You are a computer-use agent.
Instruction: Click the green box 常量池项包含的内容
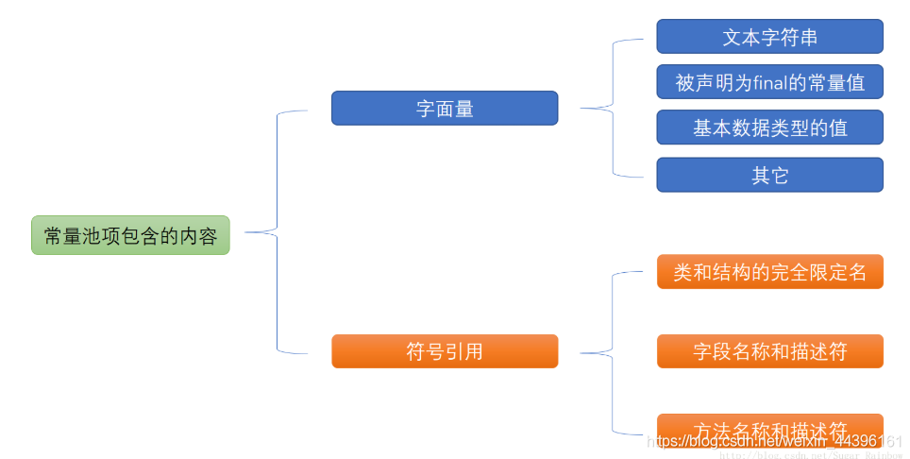(130, 235)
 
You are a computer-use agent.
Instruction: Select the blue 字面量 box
(445, 109)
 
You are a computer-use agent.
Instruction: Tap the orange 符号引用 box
(445, 351)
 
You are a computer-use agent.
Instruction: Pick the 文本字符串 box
(769, 37)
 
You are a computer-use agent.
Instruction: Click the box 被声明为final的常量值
(769, 82)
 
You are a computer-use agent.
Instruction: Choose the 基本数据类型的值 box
(769, 127)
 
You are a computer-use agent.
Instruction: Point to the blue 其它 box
(769, 175)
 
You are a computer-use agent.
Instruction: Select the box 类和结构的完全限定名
(769, 272)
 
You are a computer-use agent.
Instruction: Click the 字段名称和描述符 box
(769, 351)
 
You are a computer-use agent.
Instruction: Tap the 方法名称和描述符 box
(769, 426)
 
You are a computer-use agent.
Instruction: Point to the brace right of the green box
(276, 232)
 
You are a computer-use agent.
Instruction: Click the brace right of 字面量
(614, 108)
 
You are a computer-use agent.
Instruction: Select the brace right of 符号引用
(614, 352)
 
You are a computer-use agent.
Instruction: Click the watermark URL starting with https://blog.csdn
(774, 441)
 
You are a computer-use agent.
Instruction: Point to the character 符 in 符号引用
(415, 351)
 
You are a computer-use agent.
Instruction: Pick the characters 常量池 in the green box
(73, 236)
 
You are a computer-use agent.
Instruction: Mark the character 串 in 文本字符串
(807, 37)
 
